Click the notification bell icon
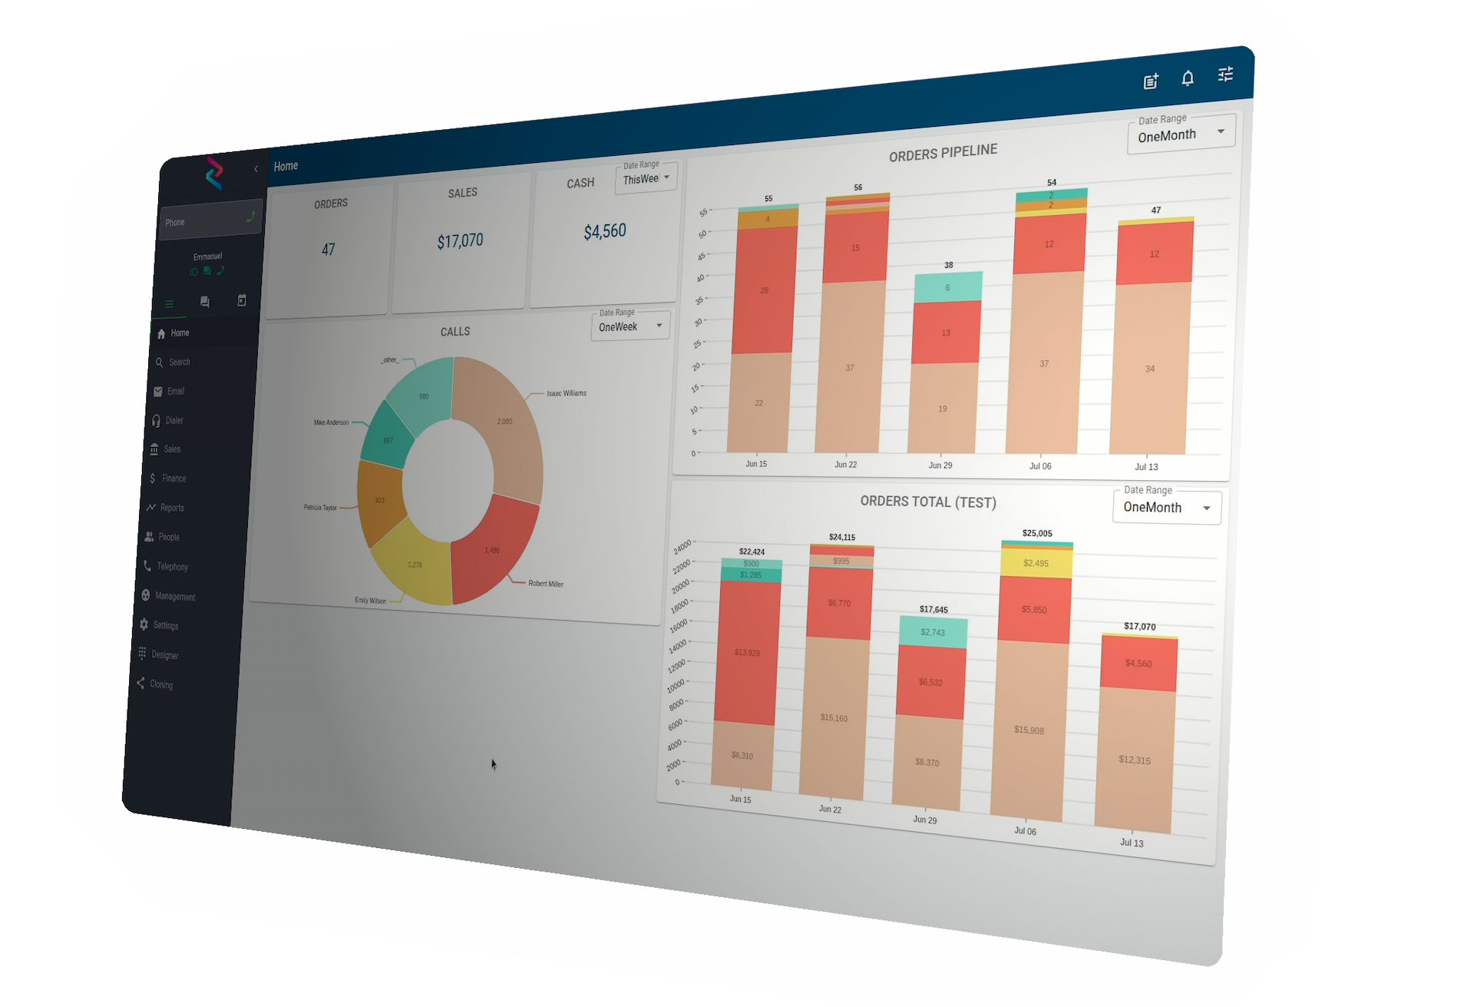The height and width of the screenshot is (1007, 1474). (1188, 78)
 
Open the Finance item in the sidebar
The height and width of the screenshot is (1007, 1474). (173, 479)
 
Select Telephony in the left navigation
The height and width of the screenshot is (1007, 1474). (171, 567)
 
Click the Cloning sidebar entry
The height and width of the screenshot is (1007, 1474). (160, 684)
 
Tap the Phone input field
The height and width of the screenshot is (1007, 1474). (203, 221)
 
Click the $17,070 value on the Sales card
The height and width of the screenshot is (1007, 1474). (460, 241)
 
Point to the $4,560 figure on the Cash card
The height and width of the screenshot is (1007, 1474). (605, 231)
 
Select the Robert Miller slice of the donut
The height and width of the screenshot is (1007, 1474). (492, 549)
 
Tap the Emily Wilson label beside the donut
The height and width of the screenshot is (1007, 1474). (370, 601)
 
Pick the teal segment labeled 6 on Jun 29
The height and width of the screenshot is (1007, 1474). (947, 287)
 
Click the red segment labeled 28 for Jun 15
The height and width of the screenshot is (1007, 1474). (764, 290)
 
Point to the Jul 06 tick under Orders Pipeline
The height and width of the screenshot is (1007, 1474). (1040, 466)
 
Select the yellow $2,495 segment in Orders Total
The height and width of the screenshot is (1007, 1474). (1036, 563)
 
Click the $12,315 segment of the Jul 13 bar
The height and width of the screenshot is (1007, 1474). (1135, 760)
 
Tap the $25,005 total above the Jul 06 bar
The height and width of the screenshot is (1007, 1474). (1037, 533)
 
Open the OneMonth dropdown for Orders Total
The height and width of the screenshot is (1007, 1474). (1166, 508)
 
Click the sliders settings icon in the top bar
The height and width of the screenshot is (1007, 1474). (1225, 75)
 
